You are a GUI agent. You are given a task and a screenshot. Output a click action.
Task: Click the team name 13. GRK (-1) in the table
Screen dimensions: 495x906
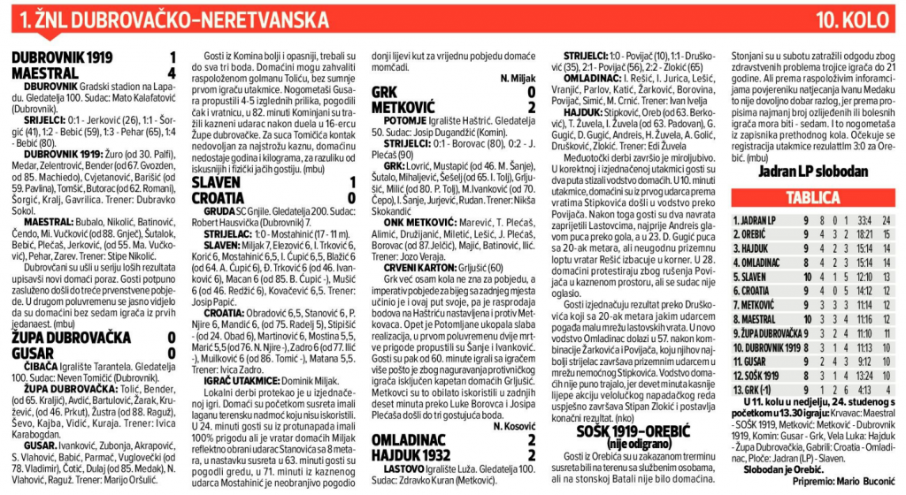752,390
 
